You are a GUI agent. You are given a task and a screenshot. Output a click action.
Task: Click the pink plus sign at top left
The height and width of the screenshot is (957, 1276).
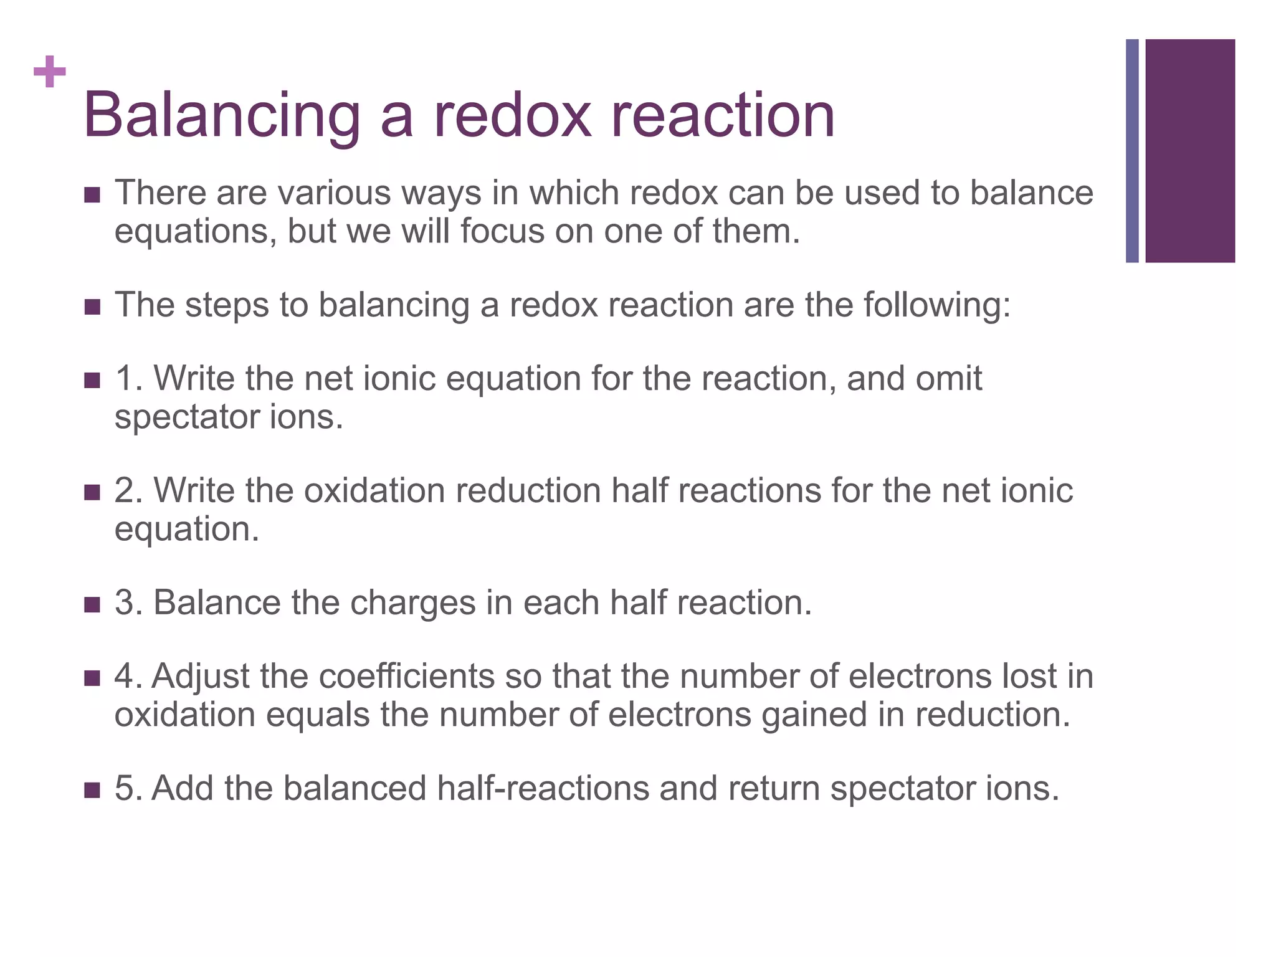click(50, 72)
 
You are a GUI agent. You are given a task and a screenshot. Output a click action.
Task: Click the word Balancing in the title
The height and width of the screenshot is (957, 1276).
click(222, 116)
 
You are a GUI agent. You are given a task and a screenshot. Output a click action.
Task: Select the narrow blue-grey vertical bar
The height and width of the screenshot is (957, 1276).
click(1132, 151)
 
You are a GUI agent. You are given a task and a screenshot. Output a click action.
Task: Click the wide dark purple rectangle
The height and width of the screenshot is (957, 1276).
click(1190, 151)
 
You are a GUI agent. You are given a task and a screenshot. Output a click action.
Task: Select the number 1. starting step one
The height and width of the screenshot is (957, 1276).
click(129, 378)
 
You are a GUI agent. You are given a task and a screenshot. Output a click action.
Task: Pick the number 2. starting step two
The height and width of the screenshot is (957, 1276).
click(129, 490)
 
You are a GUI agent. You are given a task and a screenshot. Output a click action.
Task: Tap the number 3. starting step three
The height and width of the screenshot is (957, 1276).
click(129, 602)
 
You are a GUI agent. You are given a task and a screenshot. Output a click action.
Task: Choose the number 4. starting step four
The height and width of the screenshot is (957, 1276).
click(129, 676)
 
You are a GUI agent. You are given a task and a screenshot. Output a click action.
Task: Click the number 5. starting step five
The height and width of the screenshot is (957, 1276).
click(129, 788)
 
